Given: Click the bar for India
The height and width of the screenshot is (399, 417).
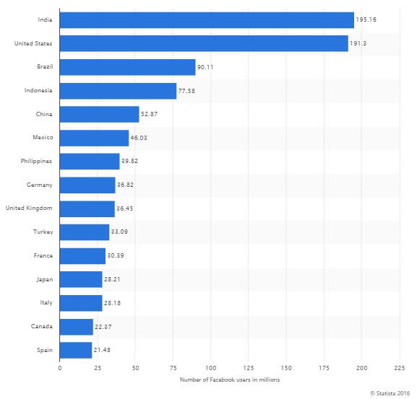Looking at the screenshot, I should pyautogui.click(x=207, y=20).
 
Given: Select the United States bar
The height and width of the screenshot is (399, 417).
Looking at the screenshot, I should pyautogui.click(x=204, y=44).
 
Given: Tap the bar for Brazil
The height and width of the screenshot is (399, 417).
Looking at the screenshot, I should pyautogui.click(x=127, y=67).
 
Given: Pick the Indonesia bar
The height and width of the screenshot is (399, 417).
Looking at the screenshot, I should pyautogui.click(x=118, y=91).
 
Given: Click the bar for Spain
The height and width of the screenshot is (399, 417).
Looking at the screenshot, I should pyautogui.click(x=76, y=351).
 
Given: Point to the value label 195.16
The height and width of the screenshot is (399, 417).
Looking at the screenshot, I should pyautogui.click(x=366, y=20).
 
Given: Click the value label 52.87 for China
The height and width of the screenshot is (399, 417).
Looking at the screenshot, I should pyautogui.click(x=151, y=115).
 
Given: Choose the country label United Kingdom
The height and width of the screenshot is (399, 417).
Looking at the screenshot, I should pyautogui.click(x=30, y=209).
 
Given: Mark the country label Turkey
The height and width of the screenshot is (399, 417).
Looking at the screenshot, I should pyautogui.click(x=43, y=232).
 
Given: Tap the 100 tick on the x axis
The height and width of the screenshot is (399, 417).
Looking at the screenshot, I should pyautogui.click(x=211, y=368).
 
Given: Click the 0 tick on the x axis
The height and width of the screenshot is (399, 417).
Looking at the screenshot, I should pyautogui.click(x=60, y=368).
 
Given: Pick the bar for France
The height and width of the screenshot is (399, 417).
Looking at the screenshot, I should pyautogui.click(x=82, y=256).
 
